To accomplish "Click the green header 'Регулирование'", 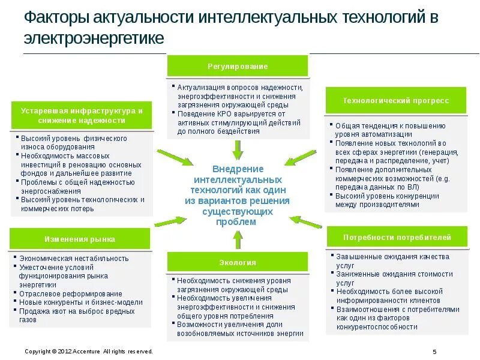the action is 238,66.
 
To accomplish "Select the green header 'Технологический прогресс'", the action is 395,101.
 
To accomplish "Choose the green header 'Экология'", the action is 238,262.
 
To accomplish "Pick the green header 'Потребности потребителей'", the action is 397,237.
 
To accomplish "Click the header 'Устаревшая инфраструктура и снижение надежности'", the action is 81,116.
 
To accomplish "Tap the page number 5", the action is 434,352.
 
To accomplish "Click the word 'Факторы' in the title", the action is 50,17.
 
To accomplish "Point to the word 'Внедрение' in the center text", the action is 238,169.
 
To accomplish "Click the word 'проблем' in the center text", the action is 238,222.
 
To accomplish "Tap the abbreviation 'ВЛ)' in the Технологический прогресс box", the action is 413,187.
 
